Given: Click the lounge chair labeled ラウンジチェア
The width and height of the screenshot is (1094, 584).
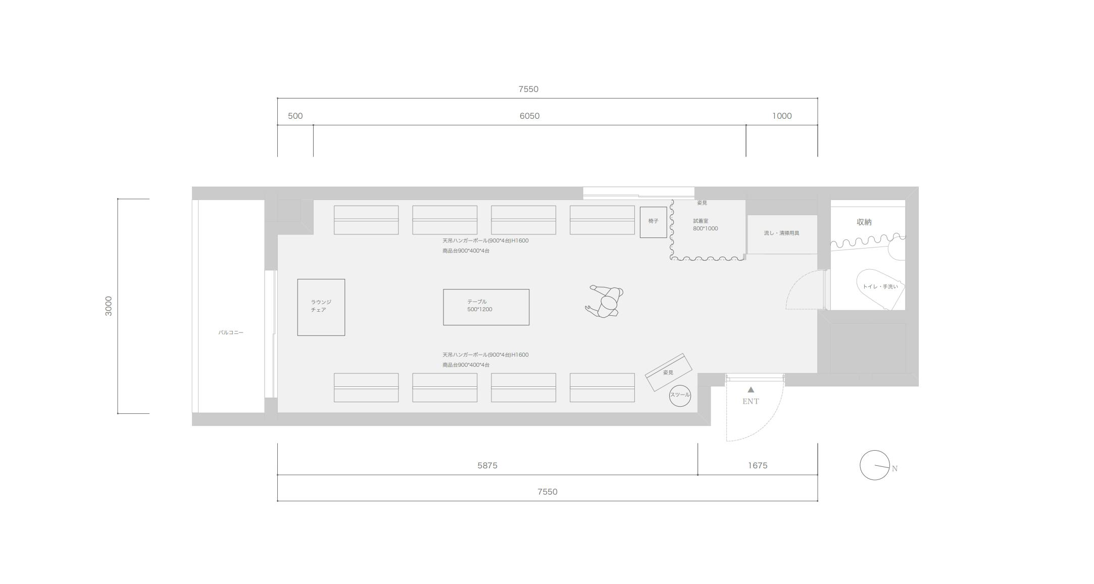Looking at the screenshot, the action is tap(321, 307).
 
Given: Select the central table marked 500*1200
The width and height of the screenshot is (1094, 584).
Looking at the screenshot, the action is tap(486, 307).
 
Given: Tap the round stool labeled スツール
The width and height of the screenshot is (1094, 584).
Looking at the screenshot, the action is tap(680, 395).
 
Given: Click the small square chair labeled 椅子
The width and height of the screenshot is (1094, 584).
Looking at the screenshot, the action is tap(653, 222).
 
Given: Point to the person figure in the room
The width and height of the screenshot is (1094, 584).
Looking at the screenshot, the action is tap(605, 301).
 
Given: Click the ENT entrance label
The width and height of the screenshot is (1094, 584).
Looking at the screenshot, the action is tap(751, 402).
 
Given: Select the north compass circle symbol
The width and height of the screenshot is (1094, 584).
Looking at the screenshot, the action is tap(875, 465).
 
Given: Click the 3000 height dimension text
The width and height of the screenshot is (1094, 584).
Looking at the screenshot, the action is tap(109, 306).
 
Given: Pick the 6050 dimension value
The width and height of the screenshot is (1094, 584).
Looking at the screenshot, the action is tap(529, 116).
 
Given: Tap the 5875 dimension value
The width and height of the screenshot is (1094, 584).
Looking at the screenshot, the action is tap(487, 466).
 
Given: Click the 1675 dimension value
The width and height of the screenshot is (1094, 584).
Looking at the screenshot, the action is tap(758, 466).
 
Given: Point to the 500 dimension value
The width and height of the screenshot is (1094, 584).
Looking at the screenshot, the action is tap(295, 116).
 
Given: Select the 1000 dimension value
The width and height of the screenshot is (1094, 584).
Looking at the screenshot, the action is tap(782, 116).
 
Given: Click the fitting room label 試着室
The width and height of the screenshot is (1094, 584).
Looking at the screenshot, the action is tap(701, 221).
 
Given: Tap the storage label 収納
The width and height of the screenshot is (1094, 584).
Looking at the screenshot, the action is tap(864, 222).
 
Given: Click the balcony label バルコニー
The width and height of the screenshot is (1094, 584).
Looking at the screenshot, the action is tap(231, 332).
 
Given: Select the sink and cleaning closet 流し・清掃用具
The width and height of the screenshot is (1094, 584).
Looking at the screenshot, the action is tap(782, 234).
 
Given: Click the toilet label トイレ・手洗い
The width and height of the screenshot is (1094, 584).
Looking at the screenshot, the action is tap(880, 287).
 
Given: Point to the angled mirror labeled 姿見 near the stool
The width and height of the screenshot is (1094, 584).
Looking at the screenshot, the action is tap(668, 372).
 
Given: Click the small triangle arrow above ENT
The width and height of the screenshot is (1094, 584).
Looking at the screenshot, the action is tap(751, 390).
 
